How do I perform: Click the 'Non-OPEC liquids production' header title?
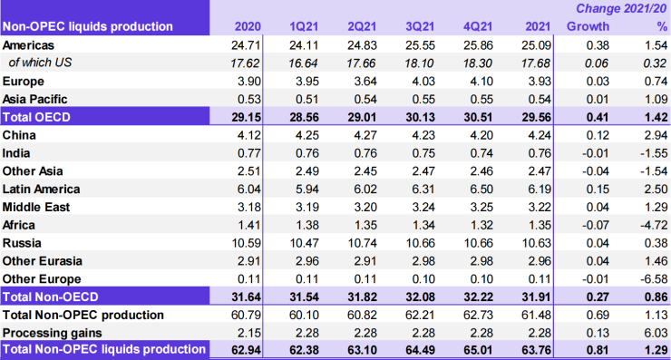pos(88,26)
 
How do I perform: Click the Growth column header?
pos(588,26)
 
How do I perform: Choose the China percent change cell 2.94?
pos(650,134)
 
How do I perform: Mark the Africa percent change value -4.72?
pos(648,224)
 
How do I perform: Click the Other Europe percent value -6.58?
pos(648,278)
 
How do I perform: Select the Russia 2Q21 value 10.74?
pos(358,242)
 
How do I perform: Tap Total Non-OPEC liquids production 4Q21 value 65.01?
pos(470,350)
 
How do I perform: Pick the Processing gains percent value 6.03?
pos(650,332)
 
